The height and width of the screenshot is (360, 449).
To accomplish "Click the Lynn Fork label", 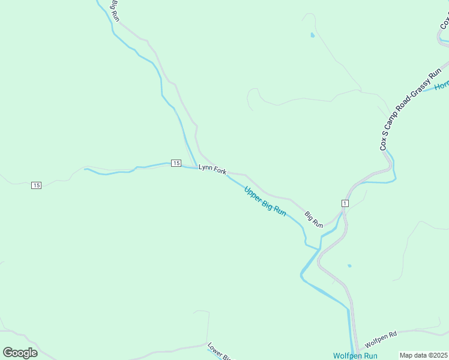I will pyautogui.click(x=212, y=170).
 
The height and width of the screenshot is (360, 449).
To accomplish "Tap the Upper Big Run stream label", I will pyautogui.click(x=265, y=201).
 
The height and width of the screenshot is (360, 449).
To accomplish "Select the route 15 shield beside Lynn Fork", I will pyautogui.click(x=176, y=163).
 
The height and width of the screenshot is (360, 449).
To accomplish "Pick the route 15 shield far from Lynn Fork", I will pyautogui.click(x=37, y=185).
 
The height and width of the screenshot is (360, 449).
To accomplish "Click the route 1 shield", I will pyautogui.click(x=345, y=203).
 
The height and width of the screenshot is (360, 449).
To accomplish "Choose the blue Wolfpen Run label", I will pyautogui.click(x=355, y=356).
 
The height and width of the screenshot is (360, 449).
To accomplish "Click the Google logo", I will pyautogui.click(x=20, y=352).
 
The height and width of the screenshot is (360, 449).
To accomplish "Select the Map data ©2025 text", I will pyautogui.click(x=423, y=355).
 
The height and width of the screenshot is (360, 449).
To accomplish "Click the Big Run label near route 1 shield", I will pyautogui.click(x=313, y=220).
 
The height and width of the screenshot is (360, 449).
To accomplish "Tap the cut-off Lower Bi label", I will pyautogui.click(x=219, y=352).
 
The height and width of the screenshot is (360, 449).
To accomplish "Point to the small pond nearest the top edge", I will pyautogui.click(x=312, y=35).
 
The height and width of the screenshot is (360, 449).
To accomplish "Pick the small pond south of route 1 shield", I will pyautogui.click(x=349, y=266).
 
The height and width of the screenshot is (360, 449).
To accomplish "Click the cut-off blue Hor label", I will pyautogui.click(x=442, y=86).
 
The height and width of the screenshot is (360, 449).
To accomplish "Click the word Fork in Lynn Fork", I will pyautogui.click(x=220, y=171).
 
